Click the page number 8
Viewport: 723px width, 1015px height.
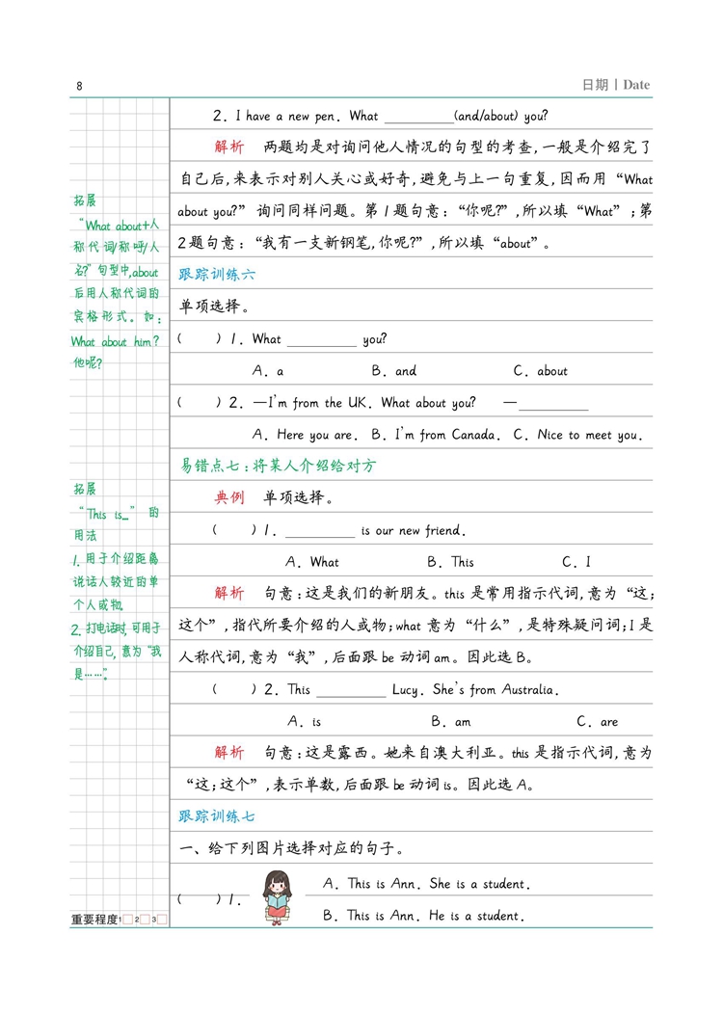point(80,87)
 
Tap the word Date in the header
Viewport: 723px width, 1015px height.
point(636,85)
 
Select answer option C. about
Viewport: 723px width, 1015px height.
point(541,371)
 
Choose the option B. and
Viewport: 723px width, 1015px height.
point(394,371)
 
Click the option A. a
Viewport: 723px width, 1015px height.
point(268,371)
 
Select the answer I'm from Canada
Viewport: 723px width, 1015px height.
point(435,436)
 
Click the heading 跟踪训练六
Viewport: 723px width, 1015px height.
point(218,275)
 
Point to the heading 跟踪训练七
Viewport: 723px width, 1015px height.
point(218,816)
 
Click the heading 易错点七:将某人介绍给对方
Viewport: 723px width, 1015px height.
point(279,467)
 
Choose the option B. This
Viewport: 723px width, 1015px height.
point(450,562)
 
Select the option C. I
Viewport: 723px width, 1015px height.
point(576,562)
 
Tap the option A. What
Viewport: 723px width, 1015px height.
point(312,562)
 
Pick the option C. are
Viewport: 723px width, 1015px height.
point(597,722)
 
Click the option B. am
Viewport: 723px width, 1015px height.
point(450,722)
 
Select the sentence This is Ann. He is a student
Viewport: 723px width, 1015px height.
point(423,917)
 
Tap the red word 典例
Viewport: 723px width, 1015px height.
point(229,498)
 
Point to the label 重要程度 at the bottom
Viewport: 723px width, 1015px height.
point(94,921)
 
